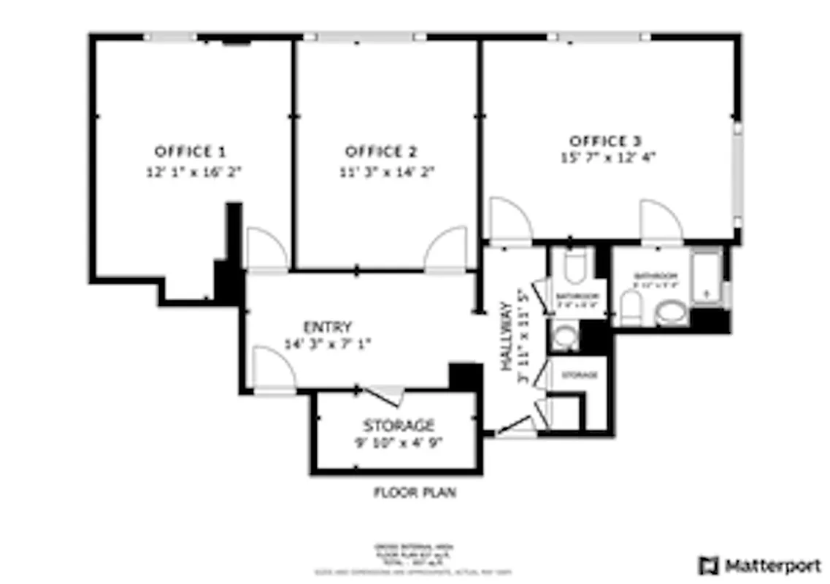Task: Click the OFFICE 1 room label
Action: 190,152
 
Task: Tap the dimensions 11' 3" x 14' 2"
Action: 381,172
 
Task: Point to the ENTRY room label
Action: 328,327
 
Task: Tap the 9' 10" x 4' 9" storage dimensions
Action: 399,442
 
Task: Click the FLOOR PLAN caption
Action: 415,493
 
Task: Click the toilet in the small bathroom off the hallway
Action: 576,266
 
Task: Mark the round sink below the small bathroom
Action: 564,337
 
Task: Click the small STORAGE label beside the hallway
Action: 579,375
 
